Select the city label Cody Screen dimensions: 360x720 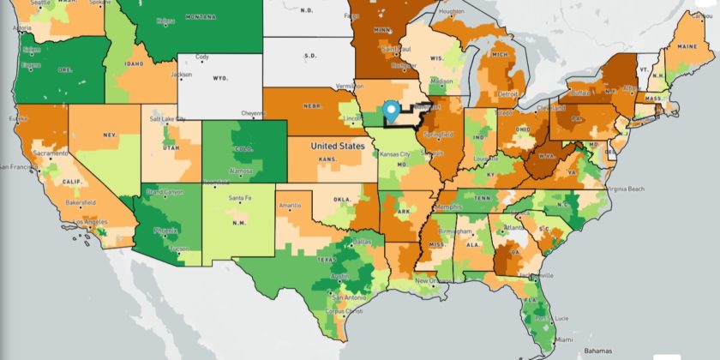(202, 57)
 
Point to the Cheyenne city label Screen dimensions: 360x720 (254, 113)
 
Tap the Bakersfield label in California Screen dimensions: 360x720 (81, 202)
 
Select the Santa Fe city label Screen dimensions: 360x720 (240, 198)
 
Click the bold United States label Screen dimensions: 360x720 (337, 147)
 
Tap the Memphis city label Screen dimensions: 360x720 (446, 207)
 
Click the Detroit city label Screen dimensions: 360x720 (509, 93)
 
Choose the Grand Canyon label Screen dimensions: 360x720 (163, 192)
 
